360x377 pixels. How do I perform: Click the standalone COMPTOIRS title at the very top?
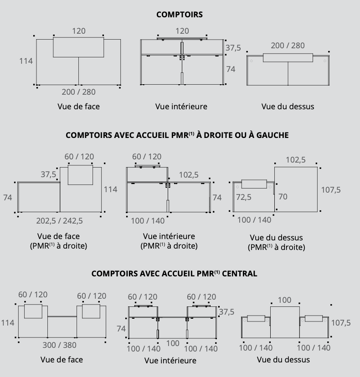pos(180,15)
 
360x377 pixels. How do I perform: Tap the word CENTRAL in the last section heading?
pos(239,274)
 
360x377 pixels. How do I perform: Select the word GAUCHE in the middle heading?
pos(273,135)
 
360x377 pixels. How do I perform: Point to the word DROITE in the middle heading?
pos(218,135)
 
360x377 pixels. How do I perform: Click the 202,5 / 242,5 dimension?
pos(59,221)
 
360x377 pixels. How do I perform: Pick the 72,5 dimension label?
pos(244,197)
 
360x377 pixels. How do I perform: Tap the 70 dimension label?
pos(283,197)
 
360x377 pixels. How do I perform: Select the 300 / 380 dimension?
pos(59,345)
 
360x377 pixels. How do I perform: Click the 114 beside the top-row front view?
pos(26,61)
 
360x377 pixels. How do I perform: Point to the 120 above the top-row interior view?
pos(182,31)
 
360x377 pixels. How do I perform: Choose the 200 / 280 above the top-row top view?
pos(288,46)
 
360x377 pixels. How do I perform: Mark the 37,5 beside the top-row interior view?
pos(233,48)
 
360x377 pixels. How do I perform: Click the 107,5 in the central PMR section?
pos(341,323)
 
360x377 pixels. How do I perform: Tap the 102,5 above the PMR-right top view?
pos(296,160)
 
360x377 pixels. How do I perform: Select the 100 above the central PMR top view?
pos(284,300)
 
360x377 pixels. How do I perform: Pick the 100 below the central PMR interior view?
pos(173,343)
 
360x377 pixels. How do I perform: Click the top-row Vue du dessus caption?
pos(288,107)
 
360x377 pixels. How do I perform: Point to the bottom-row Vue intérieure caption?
pos(170,361)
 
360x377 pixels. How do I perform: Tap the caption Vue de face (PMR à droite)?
pos(58,241)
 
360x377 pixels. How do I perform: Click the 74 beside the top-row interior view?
pos(231,69)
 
